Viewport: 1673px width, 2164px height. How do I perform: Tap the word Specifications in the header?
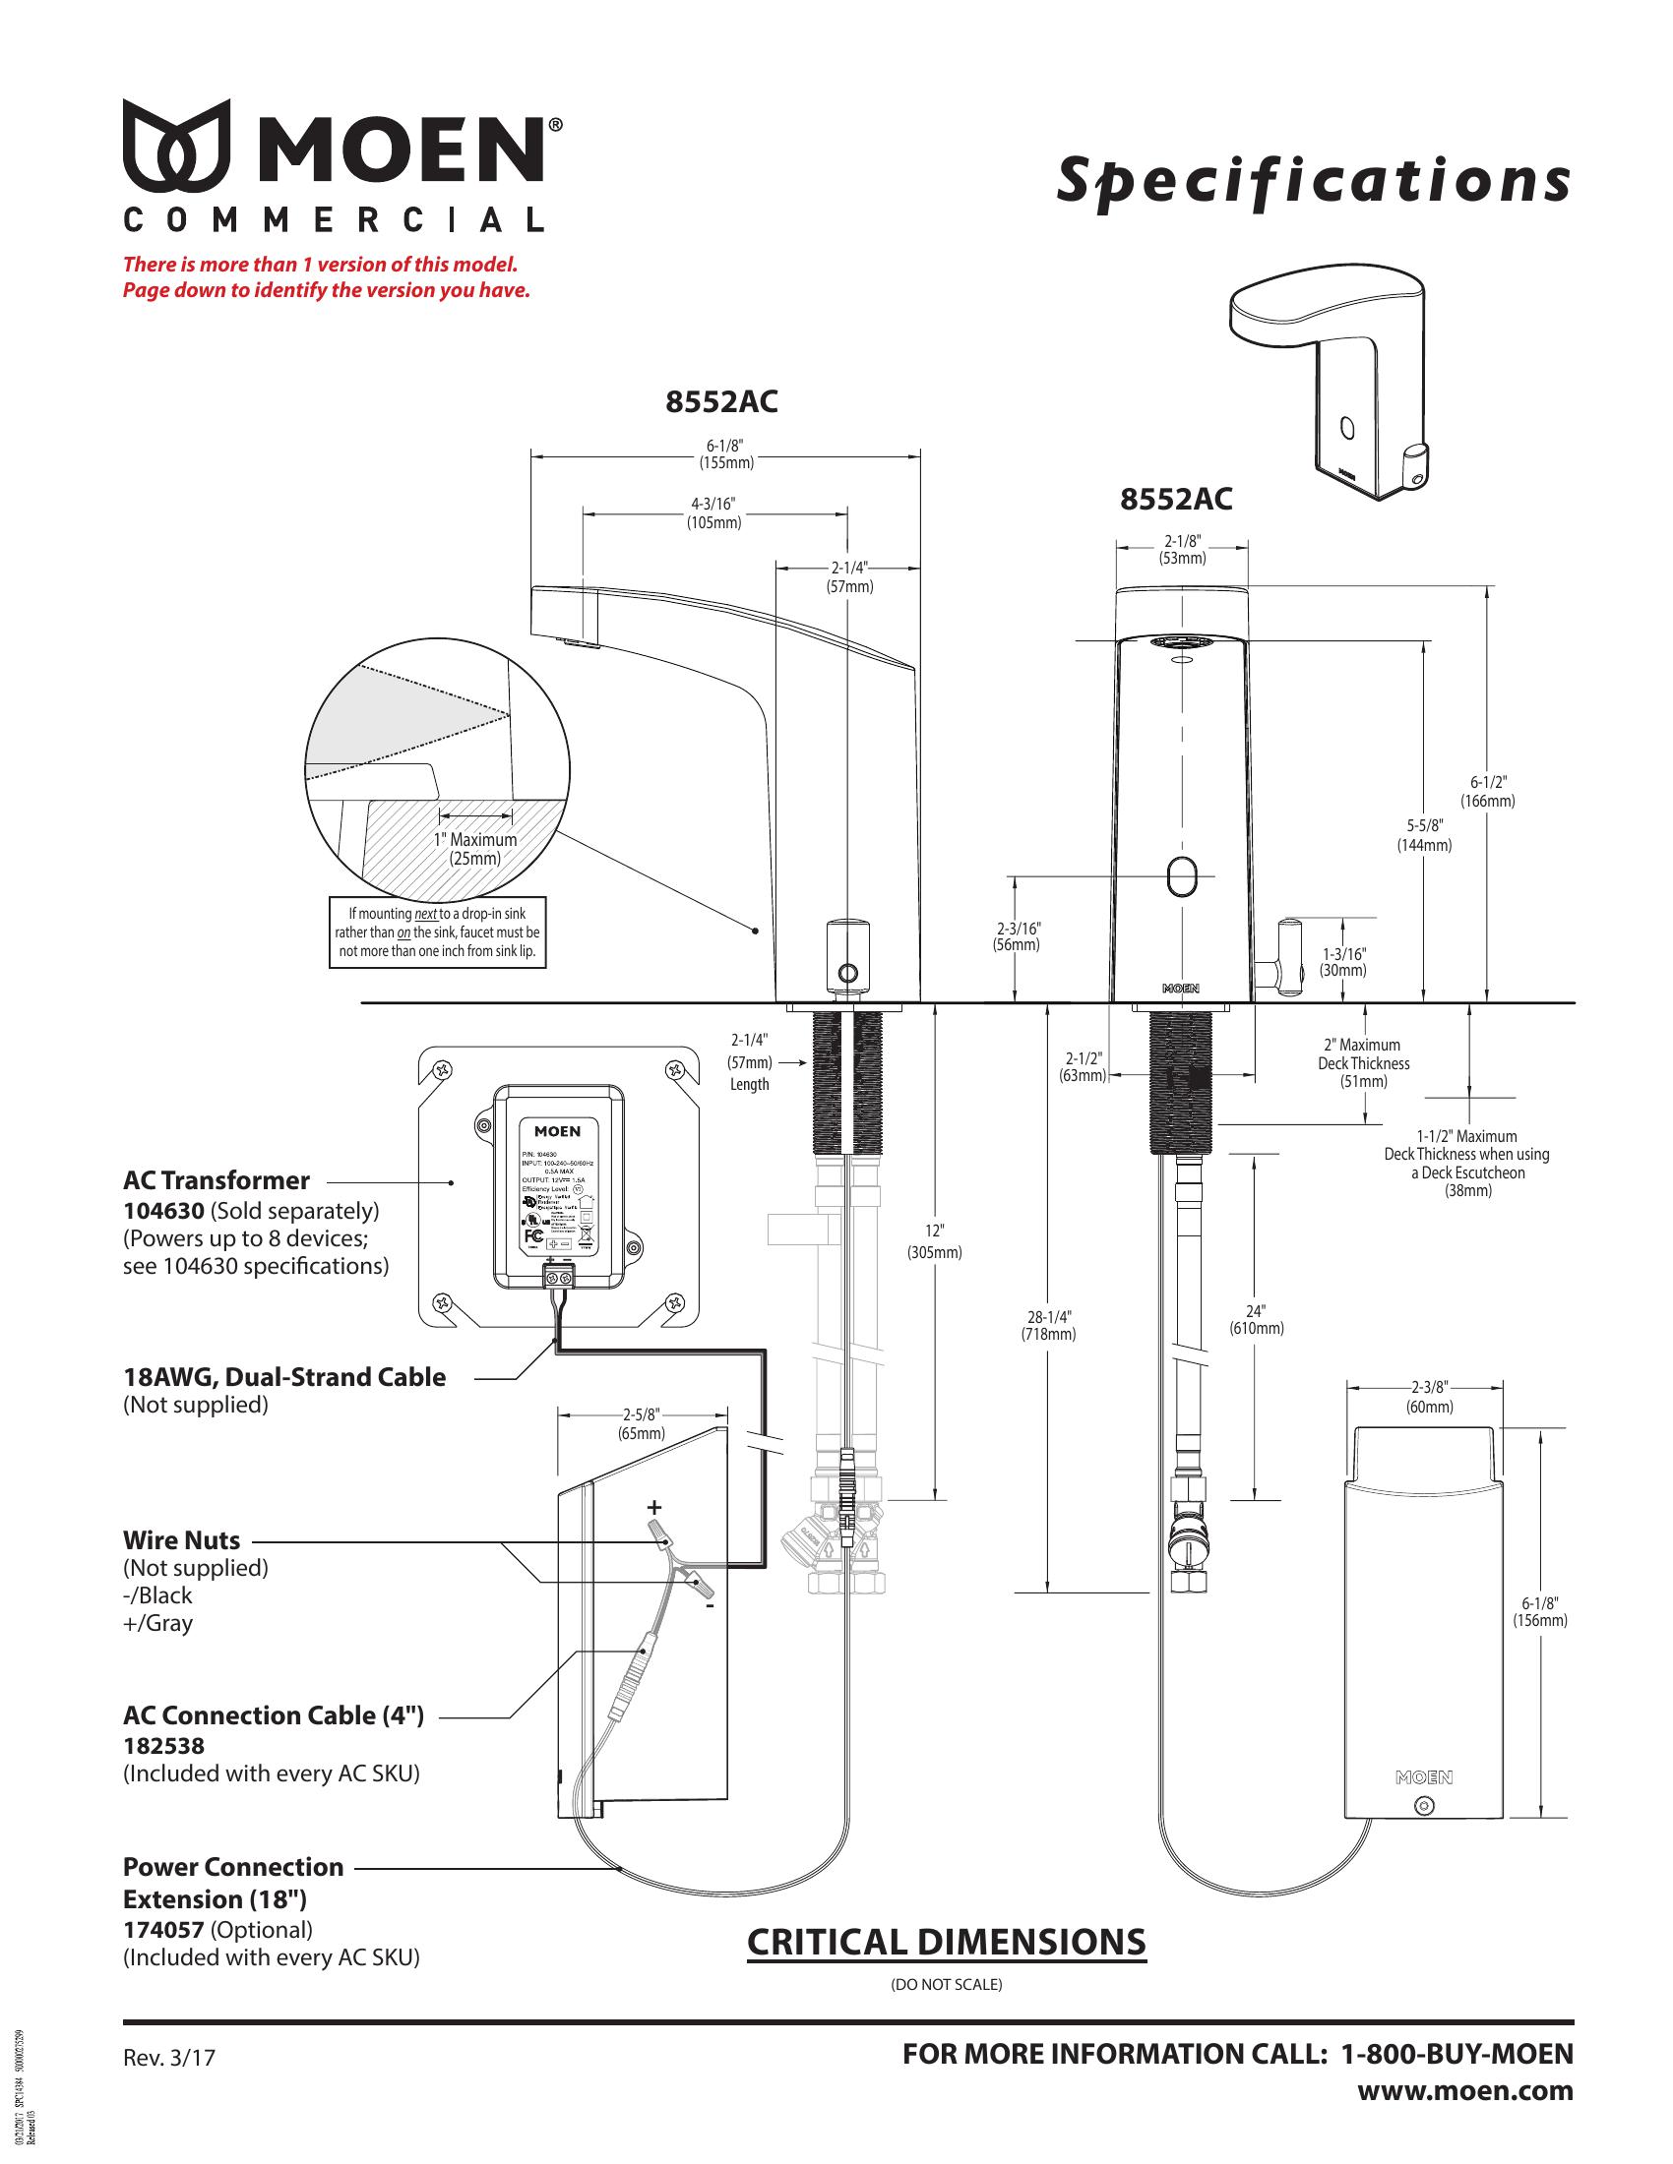[x=1313, y=181]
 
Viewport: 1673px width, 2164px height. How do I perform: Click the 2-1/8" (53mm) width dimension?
[x=1182, y=550]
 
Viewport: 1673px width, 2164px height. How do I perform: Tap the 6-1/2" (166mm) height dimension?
[x=1488, y=792]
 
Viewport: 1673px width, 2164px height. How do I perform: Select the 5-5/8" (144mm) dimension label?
[x=1424, y=835]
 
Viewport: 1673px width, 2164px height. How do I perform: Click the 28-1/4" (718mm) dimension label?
[x=1049, y=1325]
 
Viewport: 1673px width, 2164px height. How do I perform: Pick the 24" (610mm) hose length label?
[x=1257, y=1320]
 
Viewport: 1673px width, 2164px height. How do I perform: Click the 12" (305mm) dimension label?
[x=935, y=1240]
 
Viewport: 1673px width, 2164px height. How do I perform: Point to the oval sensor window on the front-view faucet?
[x=1182, y=876]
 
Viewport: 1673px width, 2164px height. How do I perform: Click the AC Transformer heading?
[x=217, y=1180]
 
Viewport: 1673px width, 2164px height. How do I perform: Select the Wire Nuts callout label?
[x=181, y=1539]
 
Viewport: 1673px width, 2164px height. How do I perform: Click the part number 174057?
[x=163, y=1929]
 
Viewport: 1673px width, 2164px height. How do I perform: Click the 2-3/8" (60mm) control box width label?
[x=1429, y=1398]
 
